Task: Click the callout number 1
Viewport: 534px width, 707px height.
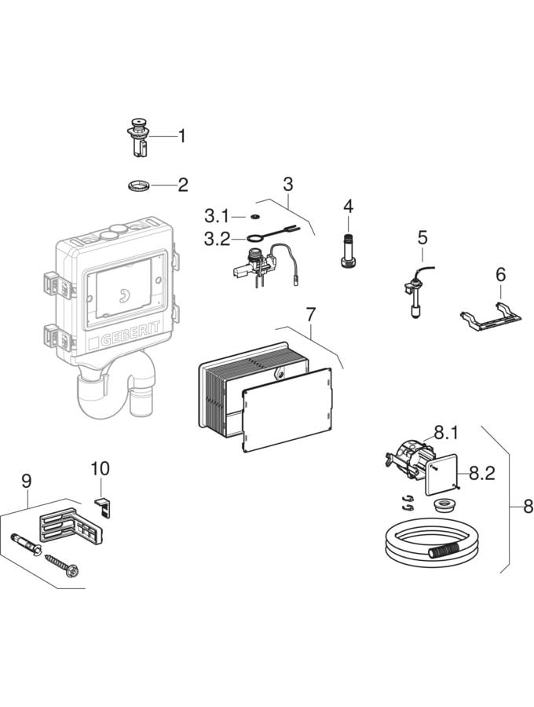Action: [x=182, y=137]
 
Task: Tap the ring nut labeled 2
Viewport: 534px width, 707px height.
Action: [x=137, y=186]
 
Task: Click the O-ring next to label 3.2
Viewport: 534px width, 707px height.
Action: [x=253, y=239]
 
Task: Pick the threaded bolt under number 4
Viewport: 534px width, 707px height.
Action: [x=348, y=251]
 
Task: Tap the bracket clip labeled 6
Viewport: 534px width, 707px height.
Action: [x=491, y=317]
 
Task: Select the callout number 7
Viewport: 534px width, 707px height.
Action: [x=310, y=314]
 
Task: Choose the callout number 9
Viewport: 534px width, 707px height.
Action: [x=26, y=480]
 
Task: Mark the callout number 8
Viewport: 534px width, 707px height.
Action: [x=528, y=507]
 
